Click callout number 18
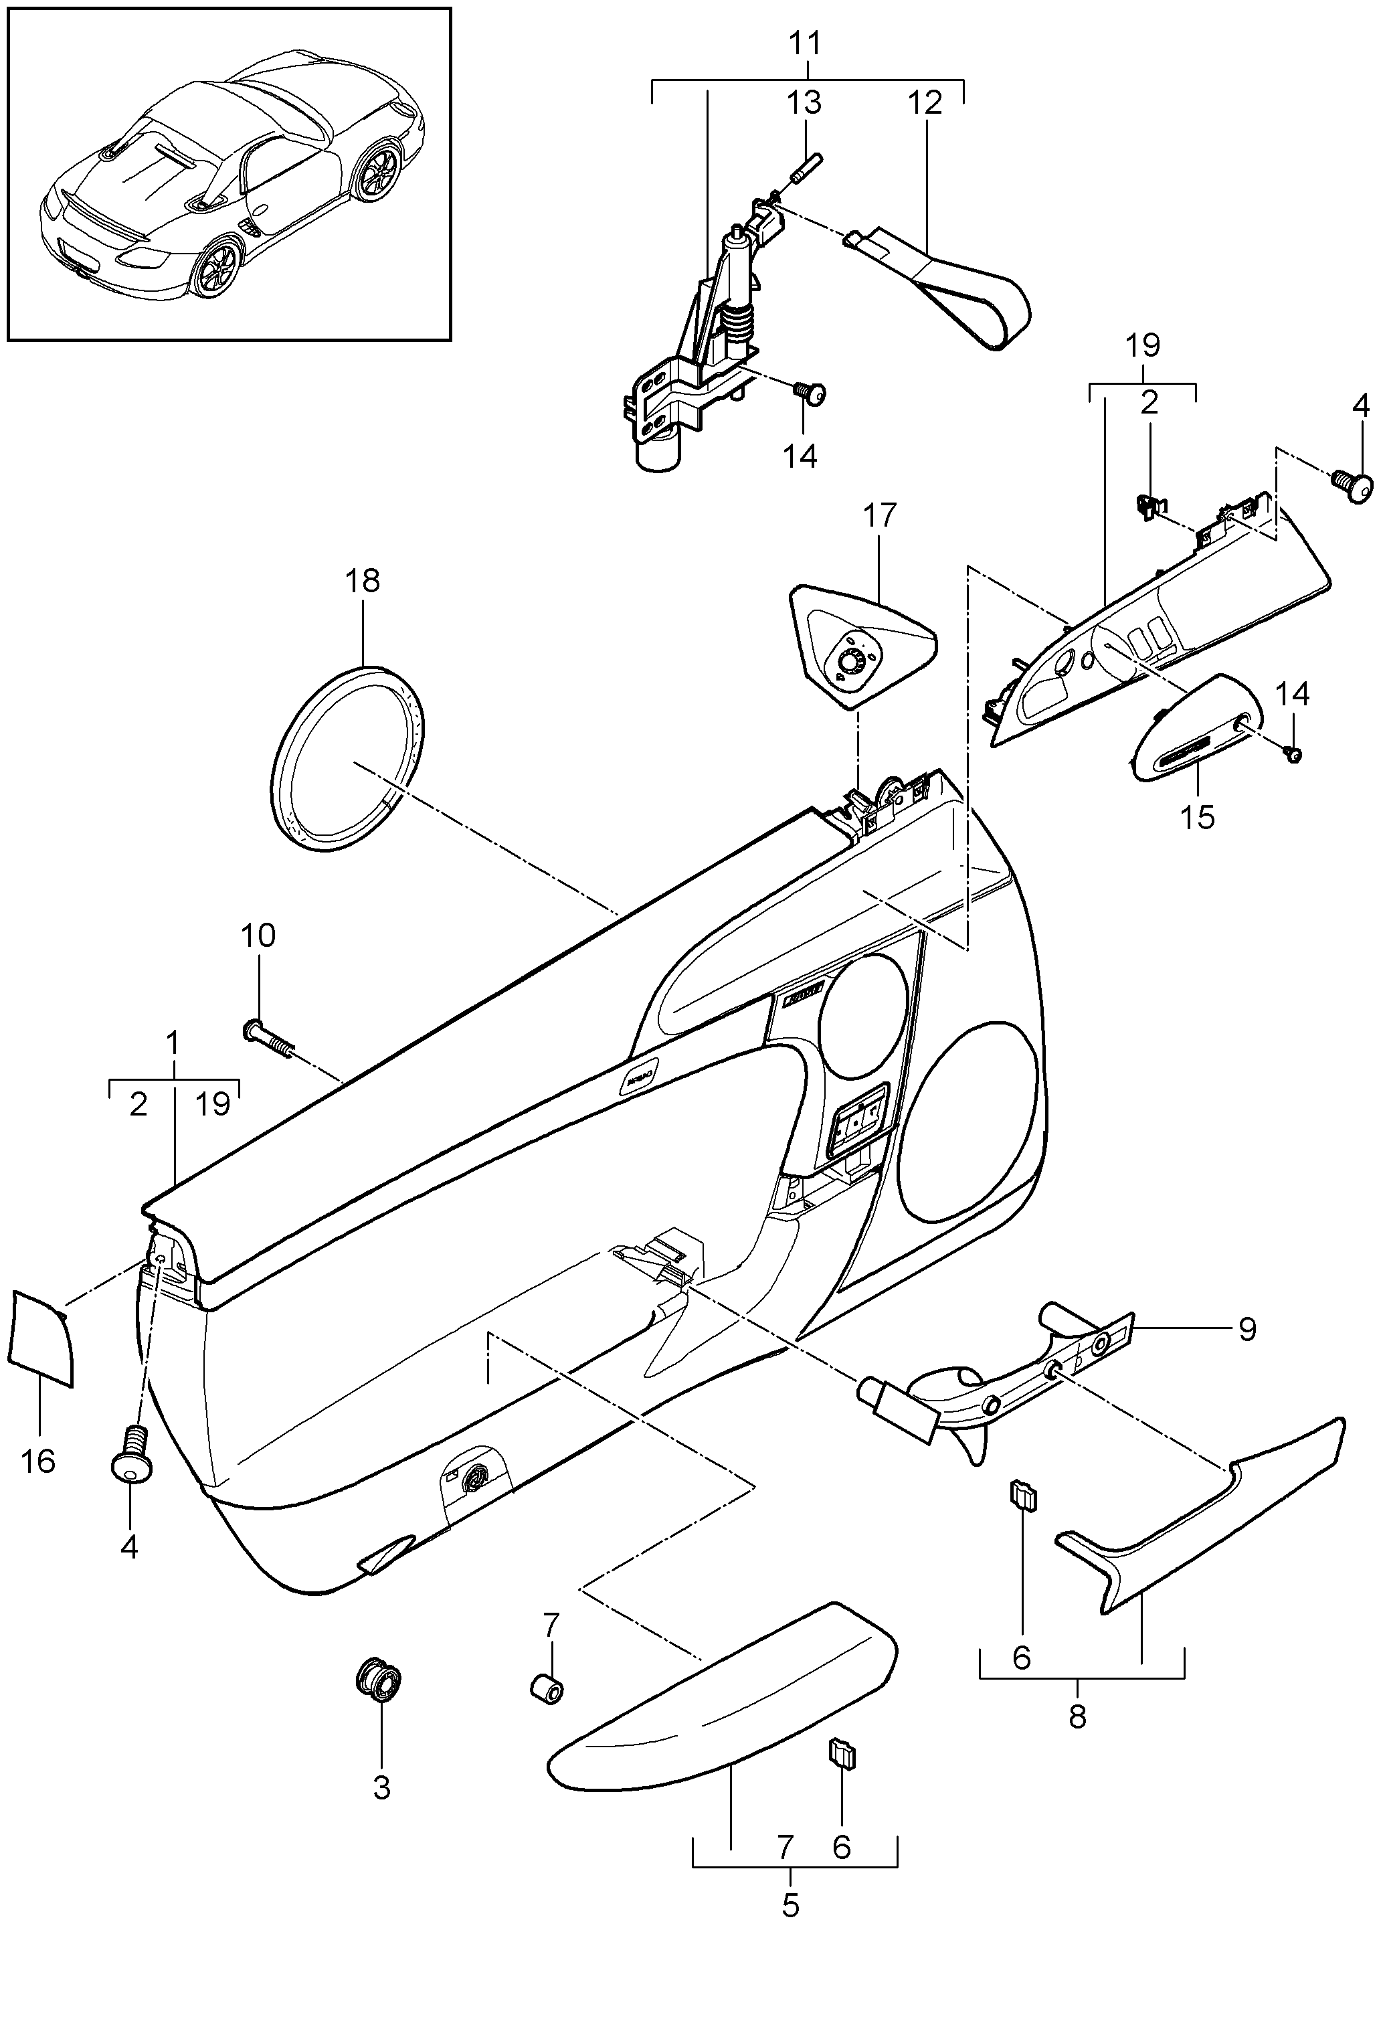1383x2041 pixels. (363, 580)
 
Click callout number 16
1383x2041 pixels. (39, 1461)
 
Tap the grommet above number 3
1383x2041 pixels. (379, 1681)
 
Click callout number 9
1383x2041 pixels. (1247, 1329)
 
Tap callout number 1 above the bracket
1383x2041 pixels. (173, 1043)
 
